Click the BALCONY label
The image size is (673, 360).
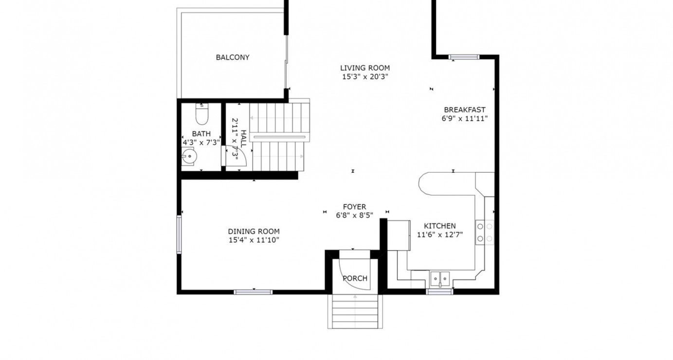pyautogui.click(x=233, y=57)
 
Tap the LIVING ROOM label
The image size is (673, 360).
pyautogui.click(x=364, y=68)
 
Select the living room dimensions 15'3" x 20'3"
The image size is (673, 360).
pyautogui.click(x=364, y=76)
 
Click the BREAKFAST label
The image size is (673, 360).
pyautogui.click(x=464, y=110)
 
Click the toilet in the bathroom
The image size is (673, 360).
pyautogui.click(x=201, y=114)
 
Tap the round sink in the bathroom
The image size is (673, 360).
pyautogui.click(x=189, y=157)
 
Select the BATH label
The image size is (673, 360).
pyautogui.click(x=201, y=134)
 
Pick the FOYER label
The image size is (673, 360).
pyautogui.click(x=354, y=207)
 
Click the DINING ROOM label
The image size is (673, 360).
pyautogui.click(x=254, y=232)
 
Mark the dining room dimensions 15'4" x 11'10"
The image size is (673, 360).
pyautogui.click(x=254, y=240)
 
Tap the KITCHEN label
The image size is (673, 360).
pyautogui.click(x=439, y=226)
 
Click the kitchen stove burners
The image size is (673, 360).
pyautogui.click(x=485, y=232)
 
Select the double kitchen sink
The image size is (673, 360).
pyautogui.click(x=440, y=279)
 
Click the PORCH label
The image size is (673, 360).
pyautogui.click(x=355, y=278)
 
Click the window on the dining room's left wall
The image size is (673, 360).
pyautogui.click(x=179, y=235)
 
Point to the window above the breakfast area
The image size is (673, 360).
pyautogui.click(x=464, y=57)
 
